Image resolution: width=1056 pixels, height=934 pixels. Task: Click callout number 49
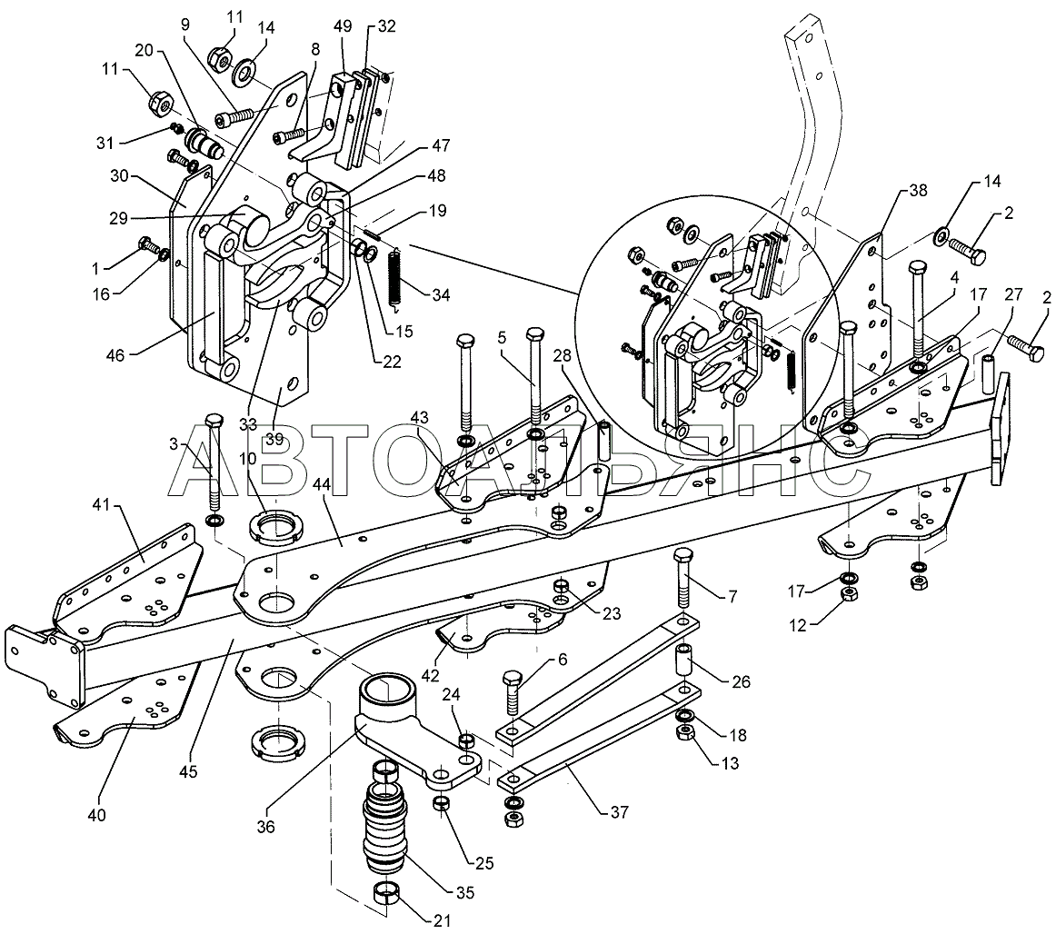pyautogui.click(x=342, y=26)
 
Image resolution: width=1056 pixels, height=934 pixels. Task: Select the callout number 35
pyautogui.click(x=465, y=893)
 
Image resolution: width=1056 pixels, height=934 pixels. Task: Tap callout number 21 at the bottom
pyautogui.click(x=441, y=921)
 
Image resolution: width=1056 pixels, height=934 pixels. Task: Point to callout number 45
pyautogui.click(x=189, y=772)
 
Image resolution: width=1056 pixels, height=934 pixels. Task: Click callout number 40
pyautogui.click(x=97, y=815)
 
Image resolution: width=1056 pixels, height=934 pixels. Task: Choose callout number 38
pyautogui.click(x=918, y=191)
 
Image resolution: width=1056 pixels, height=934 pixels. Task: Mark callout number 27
pyautogui.click(x=1013, y=295)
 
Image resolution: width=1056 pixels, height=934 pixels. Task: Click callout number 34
pyautogui.click(x=441, y=295)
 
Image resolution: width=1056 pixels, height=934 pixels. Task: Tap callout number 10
pyautogui.click(x=247, y=458)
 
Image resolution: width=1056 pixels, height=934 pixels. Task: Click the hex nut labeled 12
pyautogui.click(x=850, y=593)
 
